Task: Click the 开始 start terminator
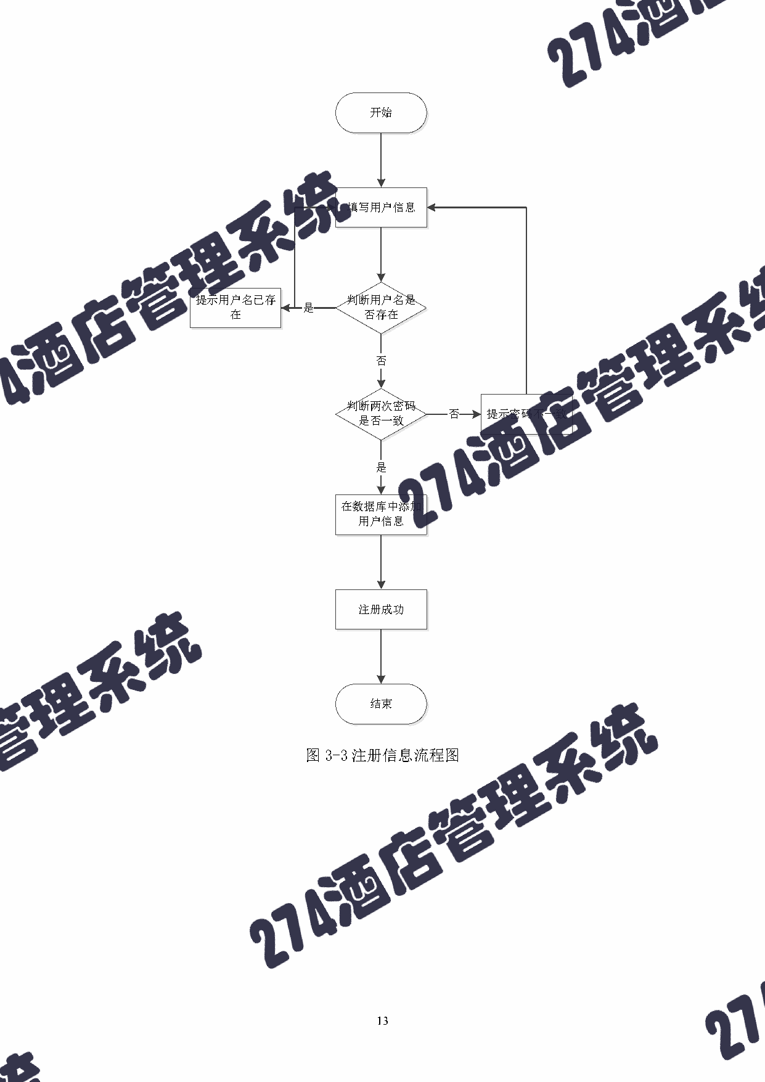[x=381, y=113]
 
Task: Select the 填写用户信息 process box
[x=381, y=208]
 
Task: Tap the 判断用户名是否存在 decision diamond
[x=381, y=307]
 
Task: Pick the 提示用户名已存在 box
[x=235, y=307]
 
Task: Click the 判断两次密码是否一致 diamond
[x=381, y=414]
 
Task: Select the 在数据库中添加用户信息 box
[x=381, y=514]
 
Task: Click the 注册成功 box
[x=381, y=609]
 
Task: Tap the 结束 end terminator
[x=381, y=703]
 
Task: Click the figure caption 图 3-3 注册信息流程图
[x=382, y=755]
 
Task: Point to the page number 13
[x=382, y=1021]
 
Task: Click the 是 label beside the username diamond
[x=309, y=308]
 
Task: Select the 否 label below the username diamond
[x=382, y=361]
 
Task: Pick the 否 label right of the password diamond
[x=454, y=414]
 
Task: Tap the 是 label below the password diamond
[x=382, y=467]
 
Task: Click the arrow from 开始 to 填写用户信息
[x=381, y=160]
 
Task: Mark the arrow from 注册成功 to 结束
[x=381, y=657]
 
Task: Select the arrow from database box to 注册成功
[x=381, y=562]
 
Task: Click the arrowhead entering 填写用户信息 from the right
[x=432, y=208]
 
